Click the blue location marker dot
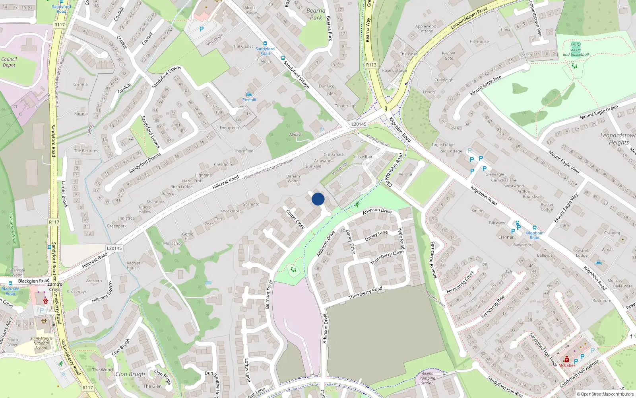point(318,199)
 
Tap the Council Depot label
point(9,62)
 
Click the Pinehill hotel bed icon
point(249,94)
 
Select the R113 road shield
point(371,64)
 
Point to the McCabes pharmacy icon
point(567,359)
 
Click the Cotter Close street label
point(296,219)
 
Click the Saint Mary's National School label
point(41,343)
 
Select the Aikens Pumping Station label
point(427,378)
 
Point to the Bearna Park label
point(316,14)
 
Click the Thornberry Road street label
point(365,293)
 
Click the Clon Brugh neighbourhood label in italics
point(130,374)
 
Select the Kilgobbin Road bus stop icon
point(535,228)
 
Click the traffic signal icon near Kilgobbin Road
point(386,109)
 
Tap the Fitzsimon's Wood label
point(12,228)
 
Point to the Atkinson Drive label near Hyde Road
point(377,211)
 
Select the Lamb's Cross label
point(55,287)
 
